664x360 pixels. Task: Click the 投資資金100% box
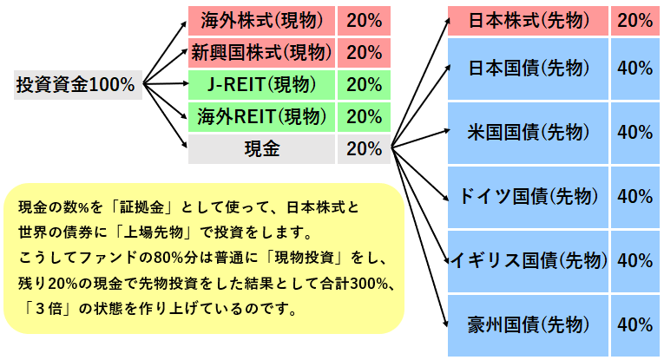[x=78, y=85]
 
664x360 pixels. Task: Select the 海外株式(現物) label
[x=262, y=21]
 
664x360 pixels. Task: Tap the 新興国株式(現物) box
[x=262, y=53]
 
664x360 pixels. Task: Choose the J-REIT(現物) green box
[x=262, y=85]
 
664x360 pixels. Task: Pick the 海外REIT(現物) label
[x=262, y=117]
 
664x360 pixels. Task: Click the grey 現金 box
[x=262, y=149]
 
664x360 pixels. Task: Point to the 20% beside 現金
[x=365, y=149]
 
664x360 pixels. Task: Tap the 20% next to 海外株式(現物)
[x=365, y=21]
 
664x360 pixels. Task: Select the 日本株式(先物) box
[x=528, y=21]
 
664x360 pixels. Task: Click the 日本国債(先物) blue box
[x=528, y=69]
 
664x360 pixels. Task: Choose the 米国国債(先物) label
[x=528, y=133]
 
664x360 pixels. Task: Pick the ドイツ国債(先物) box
[x=528, y=197]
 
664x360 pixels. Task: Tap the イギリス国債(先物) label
[x=528, y=261]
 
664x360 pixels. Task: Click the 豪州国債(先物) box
[x=528, y=325]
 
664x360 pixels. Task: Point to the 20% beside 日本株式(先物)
[x=634, y=21]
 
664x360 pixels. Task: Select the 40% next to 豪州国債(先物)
[x=634, y=325]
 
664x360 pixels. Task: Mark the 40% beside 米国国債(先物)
[x=634, y=133]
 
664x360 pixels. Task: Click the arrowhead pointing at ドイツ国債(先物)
[x=445, y=198]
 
